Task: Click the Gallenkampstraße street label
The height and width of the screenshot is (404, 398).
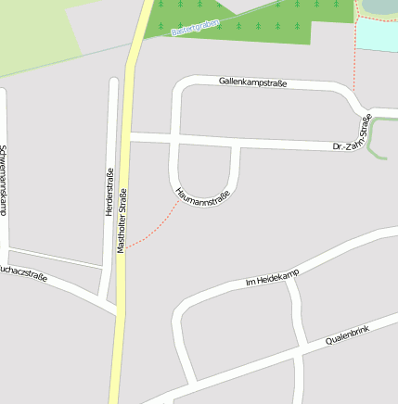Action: click(x=252, y=82)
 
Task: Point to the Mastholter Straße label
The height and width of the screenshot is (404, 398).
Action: click(x=122, y=221)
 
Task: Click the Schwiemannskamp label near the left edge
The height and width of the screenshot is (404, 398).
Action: click(x=4, y=181)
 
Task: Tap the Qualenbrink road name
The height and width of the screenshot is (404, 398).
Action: click(x=347, y=335)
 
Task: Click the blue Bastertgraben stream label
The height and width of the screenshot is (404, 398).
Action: click(x=198, y=23)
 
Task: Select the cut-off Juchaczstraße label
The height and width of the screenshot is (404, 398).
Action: click(x=22, y=272)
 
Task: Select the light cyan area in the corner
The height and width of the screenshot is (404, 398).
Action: click(x=378, y=35)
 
